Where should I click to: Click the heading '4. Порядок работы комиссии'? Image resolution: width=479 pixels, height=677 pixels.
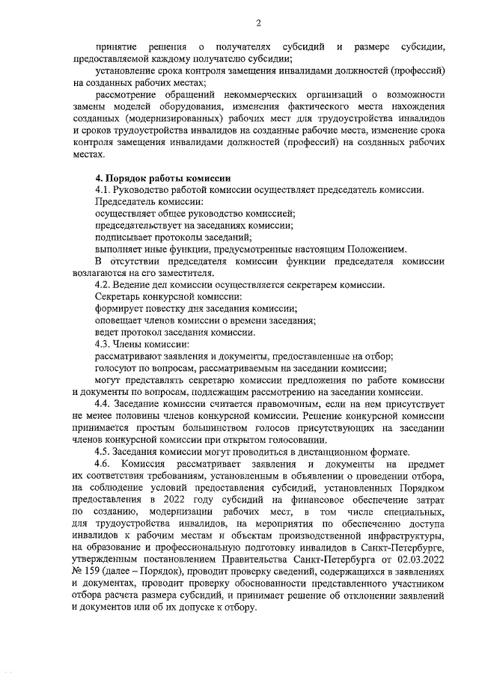[x=163, y=178]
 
